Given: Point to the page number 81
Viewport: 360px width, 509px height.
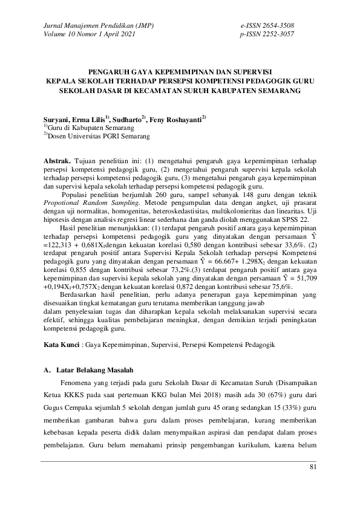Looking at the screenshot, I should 313,467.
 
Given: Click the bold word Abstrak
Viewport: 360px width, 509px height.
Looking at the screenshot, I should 57,162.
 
